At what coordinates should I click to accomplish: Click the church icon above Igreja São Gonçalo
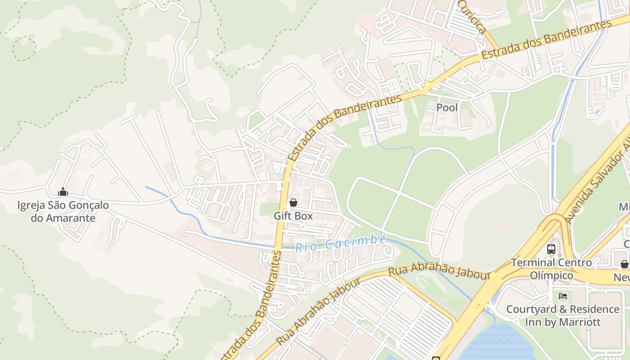[x=63, y=192]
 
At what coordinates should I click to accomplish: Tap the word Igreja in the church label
[x=31, y=206]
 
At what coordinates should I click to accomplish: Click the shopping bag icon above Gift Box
[x=293, y=203]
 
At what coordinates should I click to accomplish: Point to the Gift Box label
[x=293, y=216]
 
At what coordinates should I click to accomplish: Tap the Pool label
[x=447, y=108]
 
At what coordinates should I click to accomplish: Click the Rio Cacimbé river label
[x=341, y=243]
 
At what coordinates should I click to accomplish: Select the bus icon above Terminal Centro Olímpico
[x=551, y=249]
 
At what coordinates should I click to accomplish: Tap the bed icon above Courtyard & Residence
[x=562, y=296]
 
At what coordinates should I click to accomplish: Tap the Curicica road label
[x=472, y=17]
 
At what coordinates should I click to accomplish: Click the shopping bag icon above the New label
[x=624, y=264]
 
